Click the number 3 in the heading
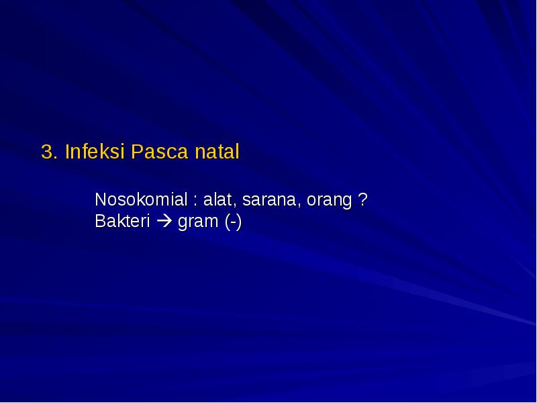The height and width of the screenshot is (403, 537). coord(46,152)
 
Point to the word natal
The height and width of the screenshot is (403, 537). coord(217,152)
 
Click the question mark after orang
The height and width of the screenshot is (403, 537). coord(362,200)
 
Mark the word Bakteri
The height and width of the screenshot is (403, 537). coord(122,221)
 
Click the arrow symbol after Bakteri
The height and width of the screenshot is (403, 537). coord(164,222)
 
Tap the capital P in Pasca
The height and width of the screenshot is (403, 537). coord(136,152)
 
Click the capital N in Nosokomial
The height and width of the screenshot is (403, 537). coord(101,200)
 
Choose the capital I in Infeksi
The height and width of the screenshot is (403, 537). coord(67,152)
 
